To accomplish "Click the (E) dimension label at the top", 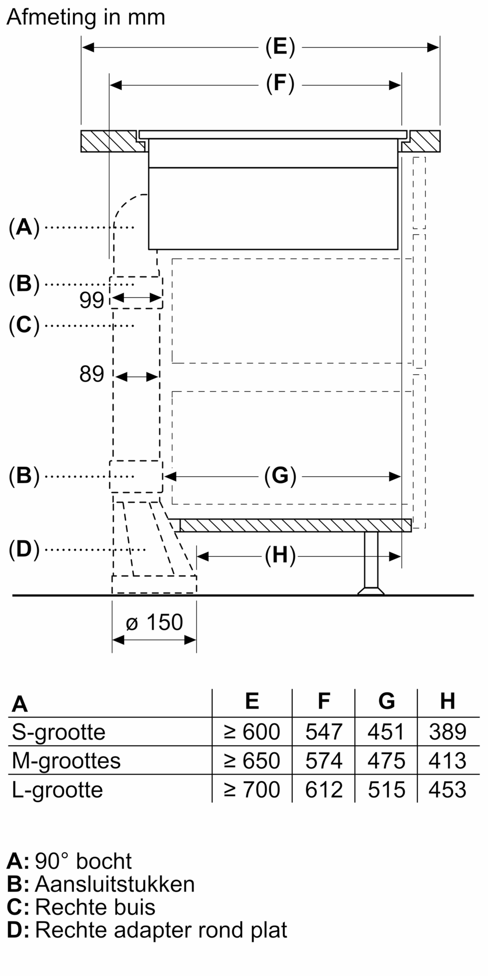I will [280, 47].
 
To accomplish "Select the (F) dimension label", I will [280, 84].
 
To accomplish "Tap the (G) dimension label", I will [280, 476].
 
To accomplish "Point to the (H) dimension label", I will [280, 556].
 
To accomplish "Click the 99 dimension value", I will [92, 300].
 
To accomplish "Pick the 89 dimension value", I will [92, 374].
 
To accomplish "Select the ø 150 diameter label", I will [154, 622].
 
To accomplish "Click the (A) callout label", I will [24, 227].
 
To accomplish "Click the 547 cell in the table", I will [324, 732].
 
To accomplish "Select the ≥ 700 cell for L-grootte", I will [252, 790].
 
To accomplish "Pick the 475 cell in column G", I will [386, 761].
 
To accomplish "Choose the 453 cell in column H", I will [447, 790].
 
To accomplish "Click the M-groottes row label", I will [66, 761].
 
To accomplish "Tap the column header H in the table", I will [447, 701].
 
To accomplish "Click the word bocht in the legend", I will [104, 861].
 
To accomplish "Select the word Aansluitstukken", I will [115, 884].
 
